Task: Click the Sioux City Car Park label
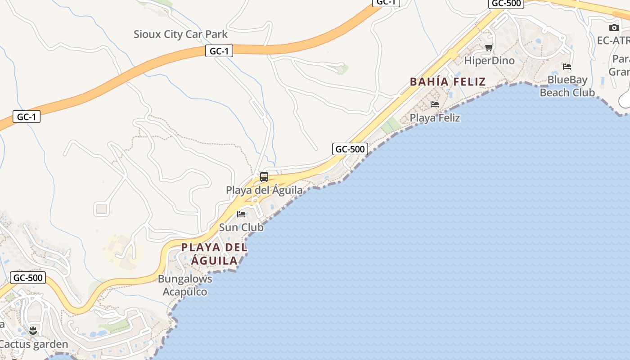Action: pyautogui.click(x=180, y=34)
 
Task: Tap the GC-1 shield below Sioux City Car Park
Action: pyautogui.click(x=219, y=51)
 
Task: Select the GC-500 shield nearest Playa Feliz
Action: pyautogui.click(x=350, y=149)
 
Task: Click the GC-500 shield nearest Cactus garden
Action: pyautogui.click(x=28, y=278)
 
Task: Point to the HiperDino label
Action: pyautogui.click(x=489, y=60)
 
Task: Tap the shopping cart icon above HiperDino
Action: pyautogui.click(x=489, y=47)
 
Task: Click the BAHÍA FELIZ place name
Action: pyautogui.click(x=448, y=81)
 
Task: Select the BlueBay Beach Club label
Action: pyautogui.click(x=567, y=86)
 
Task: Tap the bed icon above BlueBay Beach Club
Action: pyautogui.click(x=567, y=67)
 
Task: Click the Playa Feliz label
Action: pyautogui.click(x=435, y=118)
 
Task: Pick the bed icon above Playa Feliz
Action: pyautogui.click(x=434, y=104)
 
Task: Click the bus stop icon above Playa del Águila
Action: pyautogui.click(x=264, y=177)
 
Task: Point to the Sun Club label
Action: pyautogui.click(x=241, y=227)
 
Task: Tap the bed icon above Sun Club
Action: pyautogui.click(x=241, y=214)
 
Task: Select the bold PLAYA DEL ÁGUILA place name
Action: pyautogui.click(x=214, y=254)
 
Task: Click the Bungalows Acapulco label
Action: pyautogui.click(x=185, y=285)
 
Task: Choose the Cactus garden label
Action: pyautogui.click(x=34, y=345)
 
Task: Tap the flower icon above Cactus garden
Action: pyautogui.click(x=33, y=332)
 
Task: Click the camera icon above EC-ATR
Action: pyautogui.click(x=614, y=28)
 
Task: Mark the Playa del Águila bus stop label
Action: pyautogui.click(x=264, y=190)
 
